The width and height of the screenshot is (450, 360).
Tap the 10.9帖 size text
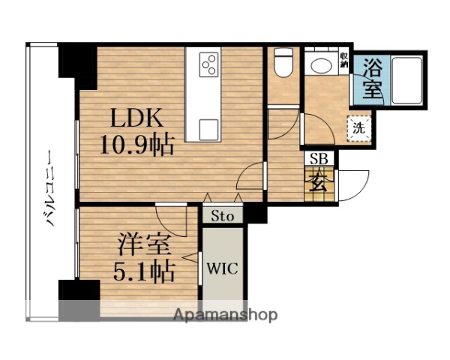(x=137, y=145)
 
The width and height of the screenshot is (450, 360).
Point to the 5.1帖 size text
(x=145, y=269)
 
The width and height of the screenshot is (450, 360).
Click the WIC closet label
(x=223, y=268)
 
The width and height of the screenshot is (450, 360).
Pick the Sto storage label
(x=223, y=216)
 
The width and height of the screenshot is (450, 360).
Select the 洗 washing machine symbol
(x=359, y=127)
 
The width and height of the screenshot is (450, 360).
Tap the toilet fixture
(x=283, y=63)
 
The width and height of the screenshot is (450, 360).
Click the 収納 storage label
(x=343, y=59)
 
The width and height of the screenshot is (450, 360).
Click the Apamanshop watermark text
(x=225, y=315)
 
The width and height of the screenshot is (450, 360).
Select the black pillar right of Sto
(x=256, y=214)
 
